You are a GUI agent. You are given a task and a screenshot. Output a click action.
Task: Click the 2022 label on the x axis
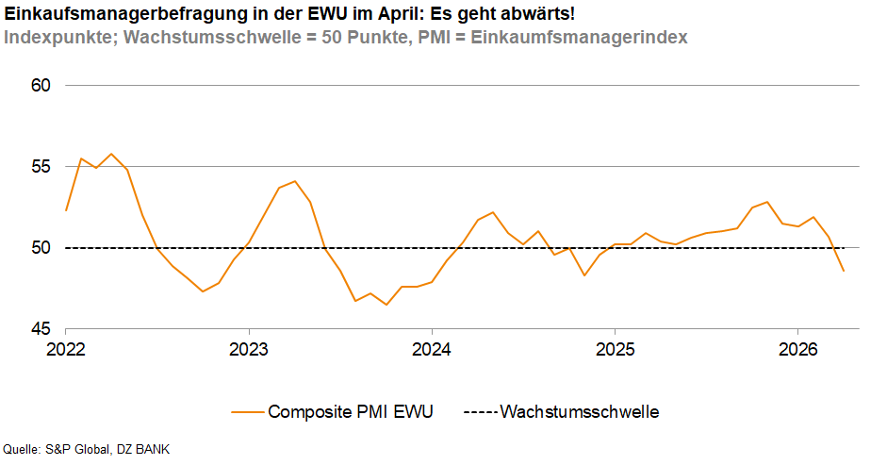click(66, 348)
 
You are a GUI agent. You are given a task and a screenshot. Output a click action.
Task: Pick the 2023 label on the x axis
click(248, 348)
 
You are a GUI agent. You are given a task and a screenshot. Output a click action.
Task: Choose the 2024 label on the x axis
click(431, 348)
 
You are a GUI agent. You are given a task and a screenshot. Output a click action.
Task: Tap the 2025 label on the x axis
click(614, 348)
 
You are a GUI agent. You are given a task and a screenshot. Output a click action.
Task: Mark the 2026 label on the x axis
click(797, 348)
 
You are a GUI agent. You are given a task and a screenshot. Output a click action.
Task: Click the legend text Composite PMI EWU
click(351, 412)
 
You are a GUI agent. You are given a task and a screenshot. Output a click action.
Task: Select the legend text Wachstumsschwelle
click(579, 412)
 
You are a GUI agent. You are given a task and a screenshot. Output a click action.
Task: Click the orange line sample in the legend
click(246, 412)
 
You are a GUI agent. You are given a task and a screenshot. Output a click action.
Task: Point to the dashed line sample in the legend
click(481, 412)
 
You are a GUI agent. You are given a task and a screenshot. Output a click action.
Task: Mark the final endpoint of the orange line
click(844, 271)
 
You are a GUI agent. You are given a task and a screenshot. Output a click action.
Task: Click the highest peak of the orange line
click(111, 154)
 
